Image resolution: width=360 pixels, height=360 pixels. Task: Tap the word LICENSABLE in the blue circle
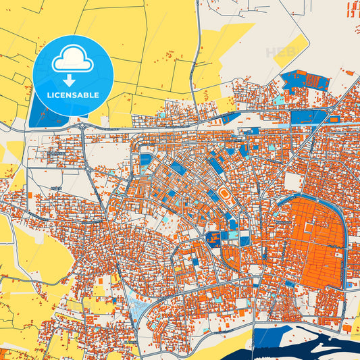point(72,95)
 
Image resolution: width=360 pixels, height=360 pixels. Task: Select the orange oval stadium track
point(224,195)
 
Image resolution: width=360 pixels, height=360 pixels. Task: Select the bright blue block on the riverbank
point(263,337)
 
